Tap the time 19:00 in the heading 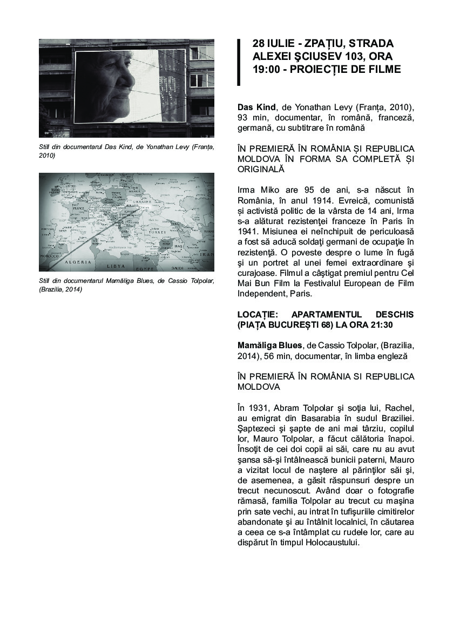(x=265, y=69)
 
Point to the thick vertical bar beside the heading (x=239, y=62)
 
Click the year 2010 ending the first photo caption (x=47, y=155)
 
